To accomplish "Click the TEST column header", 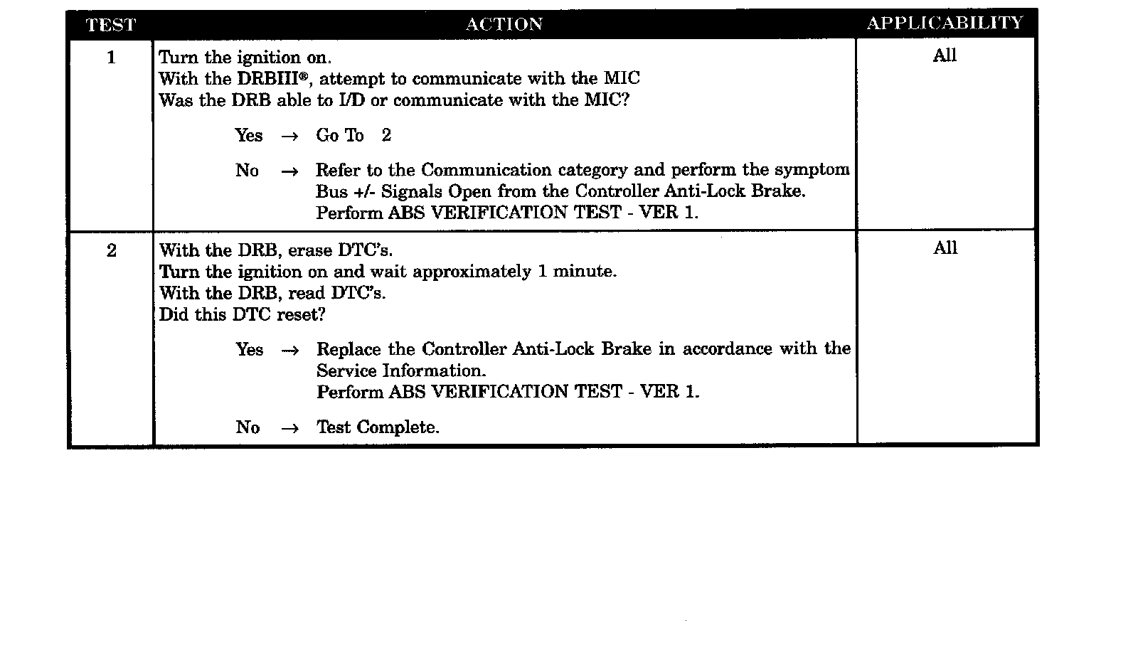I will click(110, 25).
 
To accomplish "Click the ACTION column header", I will click(504, 25).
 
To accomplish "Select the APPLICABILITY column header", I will click(945, 23).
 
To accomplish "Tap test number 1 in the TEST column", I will click(111, 58).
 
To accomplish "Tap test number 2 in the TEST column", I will click(111, 250).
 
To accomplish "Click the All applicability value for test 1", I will click(945, 55).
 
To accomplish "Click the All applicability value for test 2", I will click(945, 248).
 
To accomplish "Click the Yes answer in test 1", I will click(249, 135).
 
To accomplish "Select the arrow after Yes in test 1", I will click(289, 136).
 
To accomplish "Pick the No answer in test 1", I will click(248, 170).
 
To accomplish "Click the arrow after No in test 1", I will click(289, 171).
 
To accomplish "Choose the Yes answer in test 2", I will click(250, 349).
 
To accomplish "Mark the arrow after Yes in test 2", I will click(289, 350).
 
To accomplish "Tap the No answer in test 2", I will click(248, 427).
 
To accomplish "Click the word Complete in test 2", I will click(398, 427).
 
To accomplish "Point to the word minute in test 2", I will click(583, 272).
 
